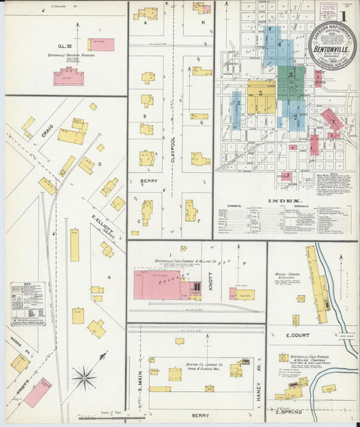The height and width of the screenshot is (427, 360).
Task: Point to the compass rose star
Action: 85,376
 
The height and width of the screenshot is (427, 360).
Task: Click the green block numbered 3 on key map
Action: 290,75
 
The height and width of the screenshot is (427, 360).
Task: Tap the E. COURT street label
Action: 297,334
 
